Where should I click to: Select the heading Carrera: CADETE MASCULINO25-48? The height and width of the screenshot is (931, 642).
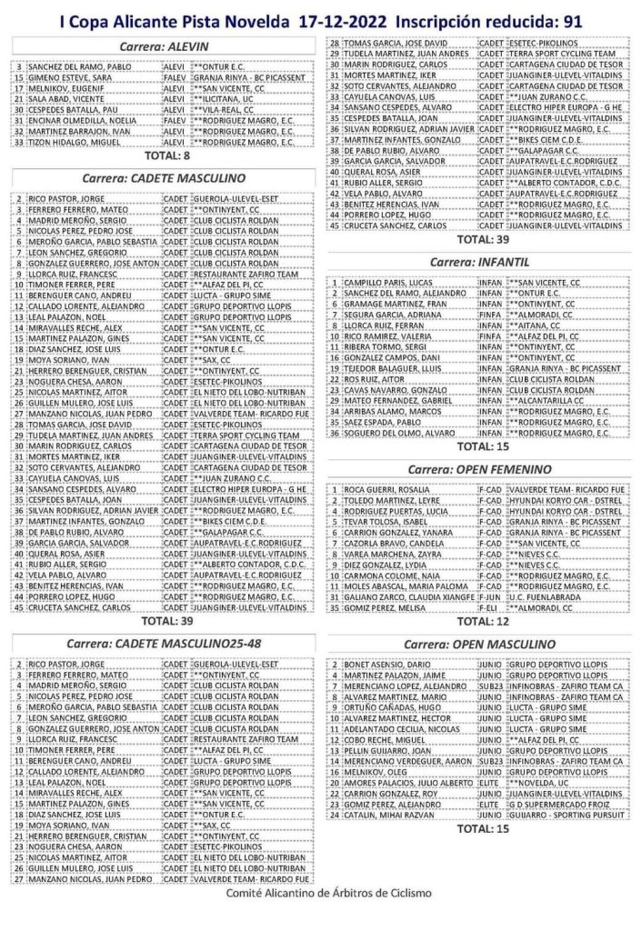(165, 644)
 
